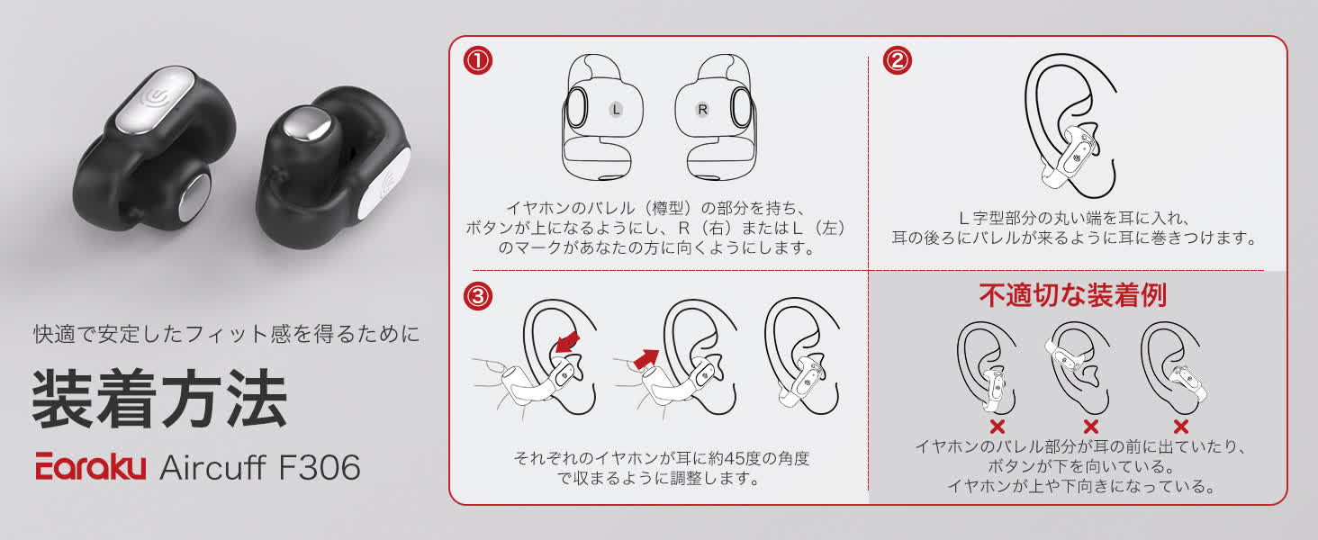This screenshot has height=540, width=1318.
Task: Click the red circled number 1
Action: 478,62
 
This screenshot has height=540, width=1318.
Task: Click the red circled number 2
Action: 898,62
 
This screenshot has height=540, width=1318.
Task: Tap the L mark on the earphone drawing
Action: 616,109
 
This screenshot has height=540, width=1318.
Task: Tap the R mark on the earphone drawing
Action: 703,109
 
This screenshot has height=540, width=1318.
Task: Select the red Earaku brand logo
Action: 90,466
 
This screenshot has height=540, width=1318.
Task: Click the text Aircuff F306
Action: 259,467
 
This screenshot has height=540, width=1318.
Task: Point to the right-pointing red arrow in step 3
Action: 645,359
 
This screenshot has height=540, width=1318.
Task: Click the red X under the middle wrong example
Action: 1091,427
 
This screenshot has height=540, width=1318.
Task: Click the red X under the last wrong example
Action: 1181,427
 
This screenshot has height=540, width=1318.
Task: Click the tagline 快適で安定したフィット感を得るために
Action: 226,335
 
